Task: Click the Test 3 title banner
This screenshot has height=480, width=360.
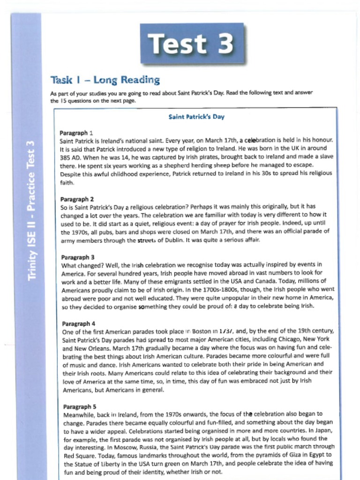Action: pyautogui.click(x=192, y=44)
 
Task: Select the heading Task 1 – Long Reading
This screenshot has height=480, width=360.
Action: pyautogui.click(x=105, y=80)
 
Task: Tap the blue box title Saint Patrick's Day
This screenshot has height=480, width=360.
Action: pyautogui.click(x=196, y=117)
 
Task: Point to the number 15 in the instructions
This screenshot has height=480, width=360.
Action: pyautogui.click(x=61, y=101)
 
